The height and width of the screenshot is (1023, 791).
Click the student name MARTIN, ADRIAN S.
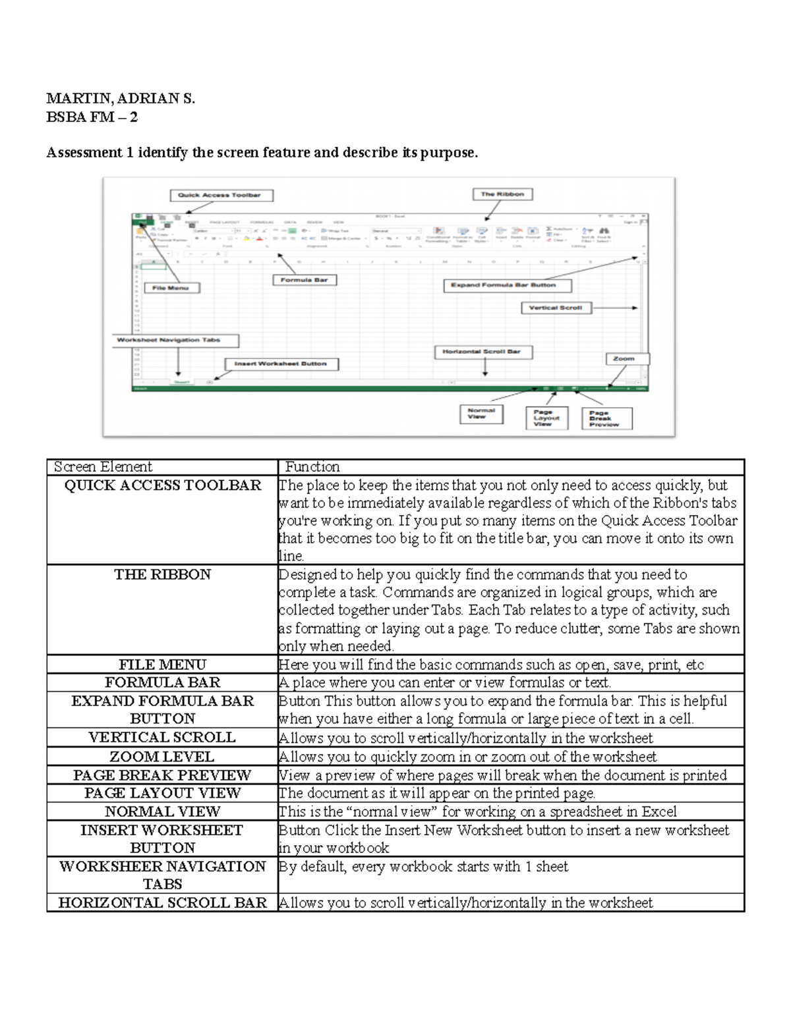[x=121, y=99]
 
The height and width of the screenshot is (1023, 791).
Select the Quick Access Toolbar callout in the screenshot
[x=221, y=195]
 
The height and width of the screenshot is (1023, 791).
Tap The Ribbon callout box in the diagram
[x=502, y=194]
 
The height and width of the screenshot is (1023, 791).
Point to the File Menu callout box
[x=171, y=288]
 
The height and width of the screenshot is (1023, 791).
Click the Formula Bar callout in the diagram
[x=304, y=280]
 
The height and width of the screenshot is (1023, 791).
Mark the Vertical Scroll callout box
[x=556, y=308]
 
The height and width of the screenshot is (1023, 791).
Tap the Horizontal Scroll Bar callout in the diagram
[x=483, y=352]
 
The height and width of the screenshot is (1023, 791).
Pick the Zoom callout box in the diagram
[x=626, y=359]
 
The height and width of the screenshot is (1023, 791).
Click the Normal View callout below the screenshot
[x=480, y=414]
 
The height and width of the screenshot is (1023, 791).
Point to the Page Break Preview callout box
[x=606, y=419]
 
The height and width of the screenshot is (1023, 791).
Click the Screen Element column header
[x=103, y=467]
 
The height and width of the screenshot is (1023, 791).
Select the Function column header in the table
[x=312, y=467]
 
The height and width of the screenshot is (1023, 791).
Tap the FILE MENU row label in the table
[x=162, y=665]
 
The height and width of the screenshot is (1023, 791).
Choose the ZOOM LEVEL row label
[x=162, y=757]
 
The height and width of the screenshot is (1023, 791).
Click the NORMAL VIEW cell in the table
[x=162, y=812]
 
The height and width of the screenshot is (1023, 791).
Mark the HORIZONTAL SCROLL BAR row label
[x=162, y=902]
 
